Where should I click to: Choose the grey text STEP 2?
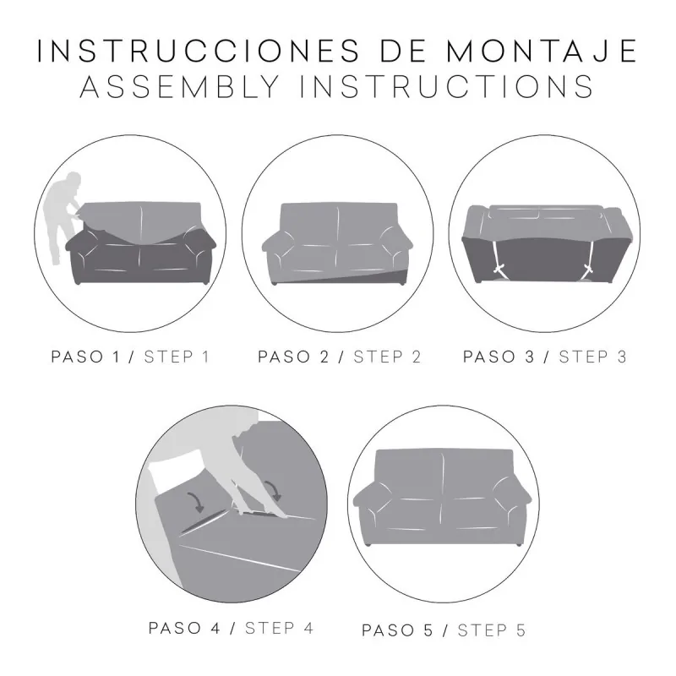[387, 356]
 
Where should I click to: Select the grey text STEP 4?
[279, 628]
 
